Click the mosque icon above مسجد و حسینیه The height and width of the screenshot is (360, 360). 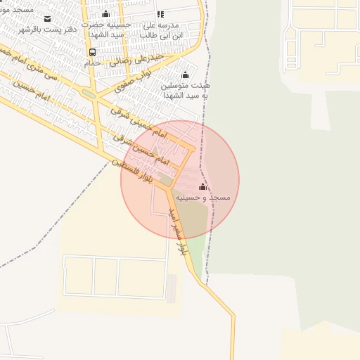pyautogui.click(x=203, y=186)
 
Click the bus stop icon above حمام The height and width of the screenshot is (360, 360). pyautogui.click(x=92, y=52)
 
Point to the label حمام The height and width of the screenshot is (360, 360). pyautogui.click(x=92, y=63)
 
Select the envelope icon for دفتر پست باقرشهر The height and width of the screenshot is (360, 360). pyautogui.click(x=47, y=18)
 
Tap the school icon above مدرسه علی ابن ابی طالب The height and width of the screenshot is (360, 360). pyautogui.click(x=160, y=14)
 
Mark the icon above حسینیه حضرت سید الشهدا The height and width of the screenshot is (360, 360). pyautogui.click(x=106, y=13)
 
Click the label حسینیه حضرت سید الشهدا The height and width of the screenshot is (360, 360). pyautogui.click(x=106, y=30)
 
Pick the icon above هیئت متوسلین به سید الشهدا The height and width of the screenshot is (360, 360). pyautogui.click(x=186, y=75)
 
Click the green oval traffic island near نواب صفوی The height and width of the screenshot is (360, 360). pyautogui.click(x=88, y=93)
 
